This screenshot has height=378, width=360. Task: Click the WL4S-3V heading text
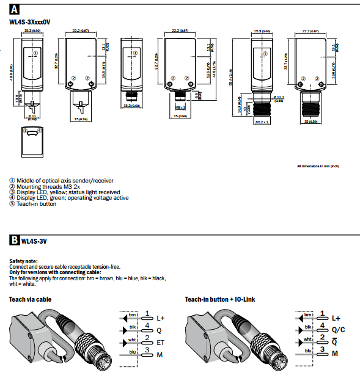(34, 241)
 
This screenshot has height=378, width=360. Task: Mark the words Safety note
(24, 261)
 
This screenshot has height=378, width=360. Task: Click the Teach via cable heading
(30, 299)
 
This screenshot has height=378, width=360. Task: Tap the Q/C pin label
(337, 330)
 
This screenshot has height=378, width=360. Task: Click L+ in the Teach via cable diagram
(161, 318)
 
